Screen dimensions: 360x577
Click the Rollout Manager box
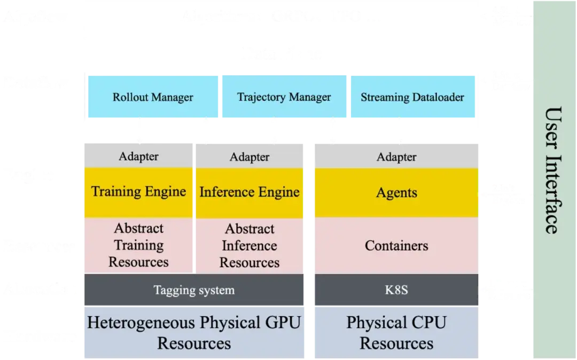pos(153,97)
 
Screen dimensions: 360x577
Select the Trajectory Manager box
pos(284,97)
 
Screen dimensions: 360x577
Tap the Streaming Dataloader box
pos(412,97)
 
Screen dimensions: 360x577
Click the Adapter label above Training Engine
pos(138,156)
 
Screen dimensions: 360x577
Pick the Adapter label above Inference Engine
pos(249,156)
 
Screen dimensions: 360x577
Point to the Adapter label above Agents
pos(396,156)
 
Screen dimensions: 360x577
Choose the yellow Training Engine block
pos(138,192)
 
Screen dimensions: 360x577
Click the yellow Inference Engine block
pos(249,192)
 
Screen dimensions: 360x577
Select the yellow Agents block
pos(396,193)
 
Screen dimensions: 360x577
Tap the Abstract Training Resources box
pos(138,245)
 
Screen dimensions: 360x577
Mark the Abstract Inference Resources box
pos(249,246)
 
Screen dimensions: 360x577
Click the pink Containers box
pos(396,246)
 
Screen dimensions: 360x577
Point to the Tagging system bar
pos(194,290)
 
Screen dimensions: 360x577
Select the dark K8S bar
pos(396,290)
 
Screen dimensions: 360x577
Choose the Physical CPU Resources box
pos(396,332)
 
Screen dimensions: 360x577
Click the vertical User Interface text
pos(552,170)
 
